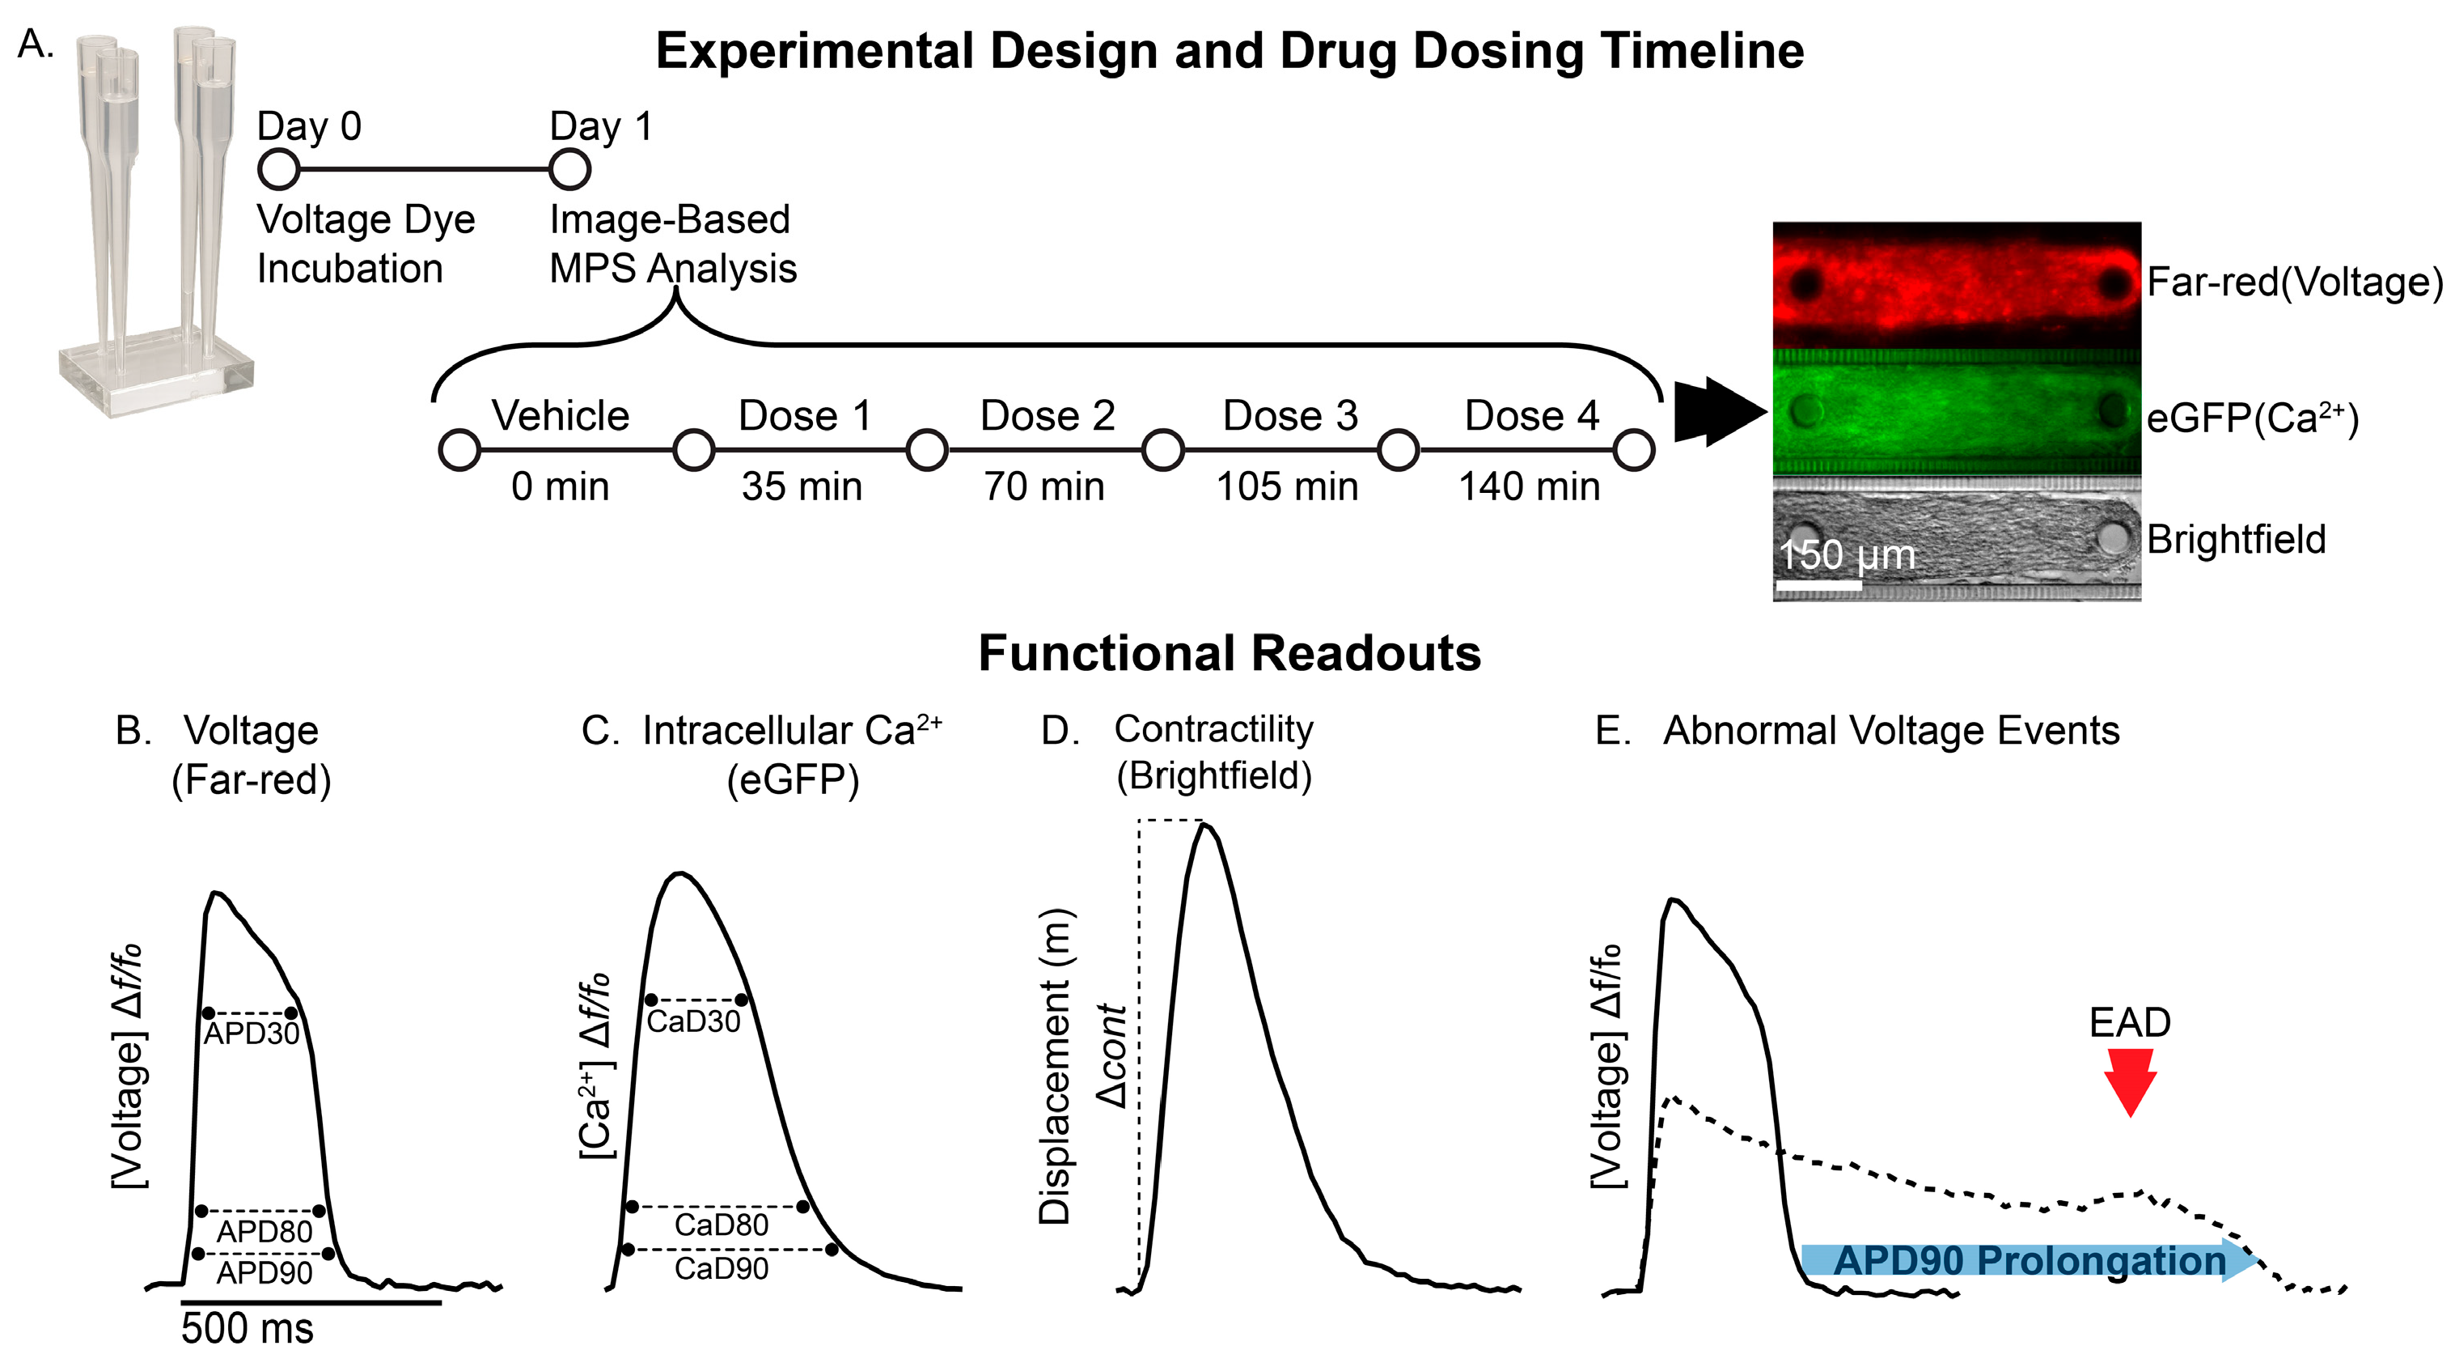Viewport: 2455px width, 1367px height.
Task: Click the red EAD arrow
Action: (2129, 1080)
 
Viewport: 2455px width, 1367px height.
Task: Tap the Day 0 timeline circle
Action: (278, 170)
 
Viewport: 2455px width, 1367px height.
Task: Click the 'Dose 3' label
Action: (1289, 416)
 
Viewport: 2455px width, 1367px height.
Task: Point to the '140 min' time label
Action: (1529, 486)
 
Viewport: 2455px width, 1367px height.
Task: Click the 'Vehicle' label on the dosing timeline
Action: (561, 416)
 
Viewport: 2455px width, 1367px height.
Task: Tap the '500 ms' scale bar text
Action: (247, 1328)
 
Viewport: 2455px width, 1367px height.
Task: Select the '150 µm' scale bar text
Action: (1846, 554)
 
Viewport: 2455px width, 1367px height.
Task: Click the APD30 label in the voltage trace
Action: (252, 1034)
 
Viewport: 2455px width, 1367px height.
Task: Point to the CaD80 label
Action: (722, 1224)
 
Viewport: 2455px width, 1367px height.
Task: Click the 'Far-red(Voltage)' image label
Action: (2295, 282)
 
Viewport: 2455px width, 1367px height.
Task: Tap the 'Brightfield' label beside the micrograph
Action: (2236, 540)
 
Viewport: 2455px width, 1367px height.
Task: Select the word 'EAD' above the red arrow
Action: (2129, 1023)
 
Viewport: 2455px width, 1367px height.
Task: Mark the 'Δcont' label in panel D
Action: (1112, 1056)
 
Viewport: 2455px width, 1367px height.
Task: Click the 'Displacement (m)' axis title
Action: (1055, 1066)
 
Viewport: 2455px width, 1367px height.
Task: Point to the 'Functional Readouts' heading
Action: (1230, 654)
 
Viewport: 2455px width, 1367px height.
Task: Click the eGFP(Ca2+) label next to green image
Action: (2252, 418)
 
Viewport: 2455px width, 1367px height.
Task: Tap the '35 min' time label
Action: (802, 486)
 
